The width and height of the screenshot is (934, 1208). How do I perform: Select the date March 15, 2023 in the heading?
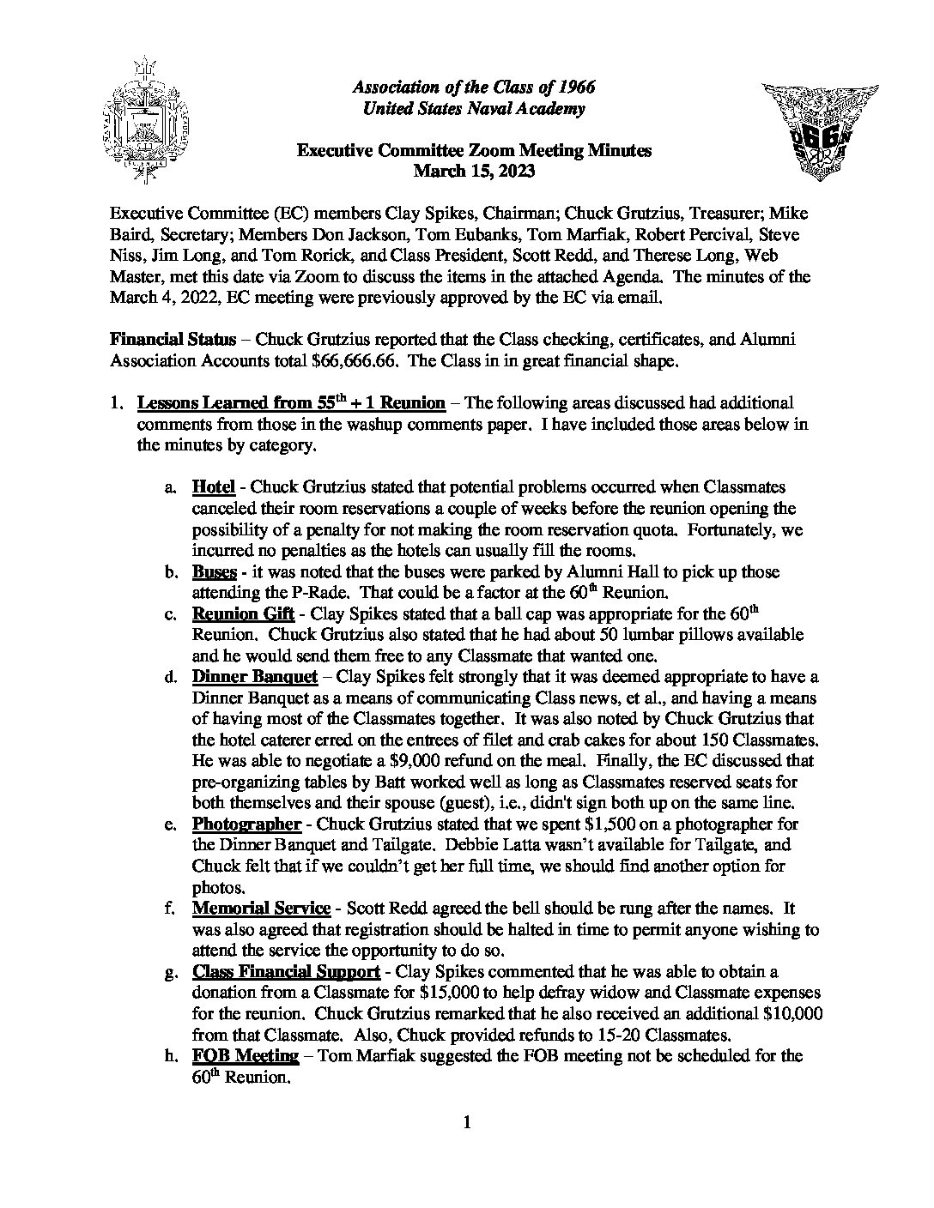pyautogui.click(x=474, y=172)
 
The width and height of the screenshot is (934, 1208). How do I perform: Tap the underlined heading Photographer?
pyautogui.click(x=246, y=824)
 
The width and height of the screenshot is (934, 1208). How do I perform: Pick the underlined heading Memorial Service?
pyautogui.click(x=261, y=908)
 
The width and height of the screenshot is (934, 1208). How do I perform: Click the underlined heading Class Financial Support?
pyautogui.click(x=286, y=971)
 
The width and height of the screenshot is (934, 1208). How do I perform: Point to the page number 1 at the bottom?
pyautogui.click(x=467, y=1122)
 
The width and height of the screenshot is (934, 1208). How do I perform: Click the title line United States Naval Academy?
pyautogui.click(x=474, y=108)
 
